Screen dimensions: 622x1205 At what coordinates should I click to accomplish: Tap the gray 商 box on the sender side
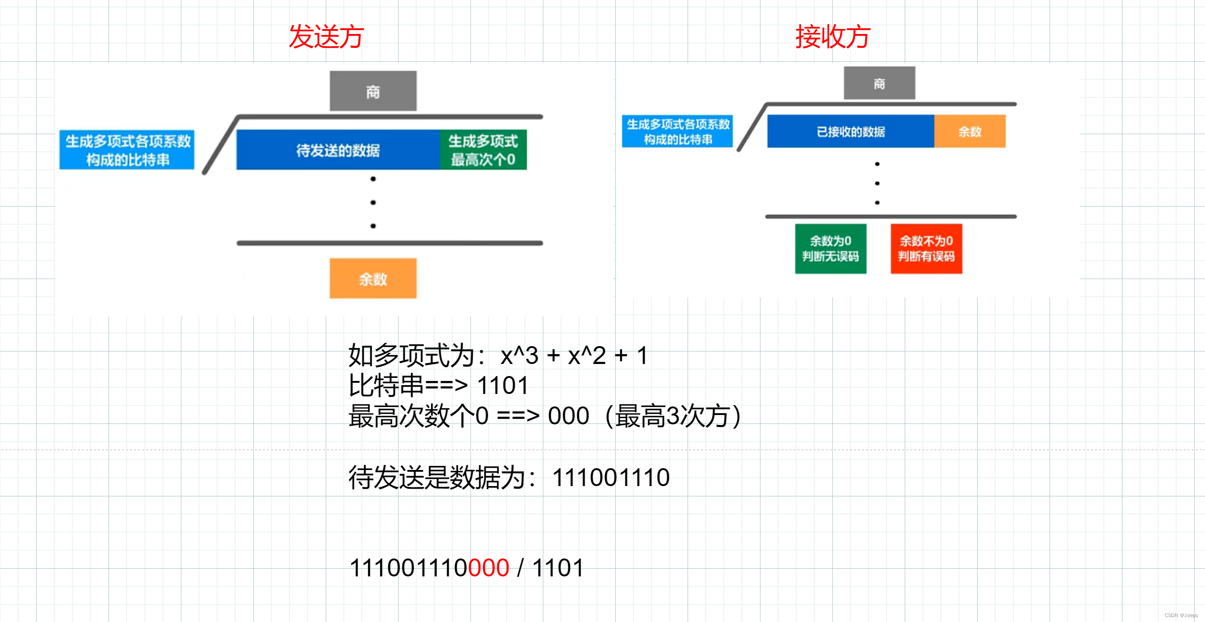[373, 91]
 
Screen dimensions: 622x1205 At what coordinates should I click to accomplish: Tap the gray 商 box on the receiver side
[879, 83]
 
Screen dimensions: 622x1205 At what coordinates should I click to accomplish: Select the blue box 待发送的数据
[338, 150]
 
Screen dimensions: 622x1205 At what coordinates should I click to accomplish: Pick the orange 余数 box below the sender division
[373, 279]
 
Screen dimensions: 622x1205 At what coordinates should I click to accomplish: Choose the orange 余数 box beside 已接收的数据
[970, 131]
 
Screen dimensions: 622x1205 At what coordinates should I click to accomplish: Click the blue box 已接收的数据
[850, 131]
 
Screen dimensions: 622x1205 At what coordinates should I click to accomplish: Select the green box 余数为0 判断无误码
[831, 249]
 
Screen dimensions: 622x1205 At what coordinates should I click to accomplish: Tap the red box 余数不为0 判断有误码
[926, 249]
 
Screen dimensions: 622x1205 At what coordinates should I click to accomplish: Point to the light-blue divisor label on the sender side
[127, 150]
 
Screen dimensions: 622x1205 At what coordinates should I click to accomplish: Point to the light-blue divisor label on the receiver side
[677, 131]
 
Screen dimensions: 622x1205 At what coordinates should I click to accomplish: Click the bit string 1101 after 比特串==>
[502, 385]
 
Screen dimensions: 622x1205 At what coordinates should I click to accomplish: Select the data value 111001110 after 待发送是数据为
[610, 478]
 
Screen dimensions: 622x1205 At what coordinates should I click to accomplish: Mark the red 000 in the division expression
[488, 568]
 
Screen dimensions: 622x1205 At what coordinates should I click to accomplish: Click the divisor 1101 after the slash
[558, 568]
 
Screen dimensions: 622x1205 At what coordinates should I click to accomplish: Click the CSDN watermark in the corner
[1181, 615]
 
